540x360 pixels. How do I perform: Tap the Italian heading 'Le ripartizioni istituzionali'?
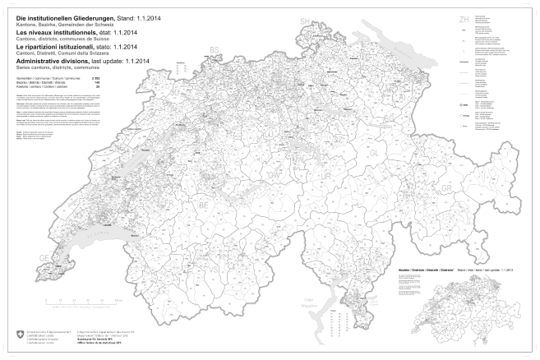(49, 48)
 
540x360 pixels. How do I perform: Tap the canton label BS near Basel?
(215, 50)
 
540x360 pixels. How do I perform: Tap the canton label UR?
(329, 177)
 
